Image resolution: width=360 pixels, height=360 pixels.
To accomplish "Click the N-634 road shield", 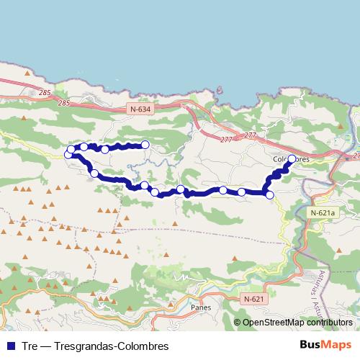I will tap(142, 109).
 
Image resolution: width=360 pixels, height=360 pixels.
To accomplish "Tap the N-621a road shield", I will tap(323, 213).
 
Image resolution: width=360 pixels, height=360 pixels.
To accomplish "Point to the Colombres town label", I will tap(292, 159).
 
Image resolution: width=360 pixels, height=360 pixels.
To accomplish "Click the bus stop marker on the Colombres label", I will tap(292, 160).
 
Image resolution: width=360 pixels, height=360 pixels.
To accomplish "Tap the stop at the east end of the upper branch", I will tap(145, 145).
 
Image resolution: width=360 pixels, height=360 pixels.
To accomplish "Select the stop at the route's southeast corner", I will tap(270, 194).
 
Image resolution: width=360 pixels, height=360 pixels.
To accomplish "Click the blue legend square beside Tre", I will tap(9, 346).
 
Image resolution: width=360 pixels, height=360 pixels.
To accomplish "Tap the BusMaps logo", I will tap(330, 346).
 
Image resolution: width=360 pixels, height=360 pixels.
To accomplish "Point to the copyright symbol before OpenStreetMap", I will tap(237, 323).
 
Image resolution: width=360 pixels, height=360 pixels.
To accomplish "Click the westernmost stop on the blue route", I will tap(69, 154).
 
